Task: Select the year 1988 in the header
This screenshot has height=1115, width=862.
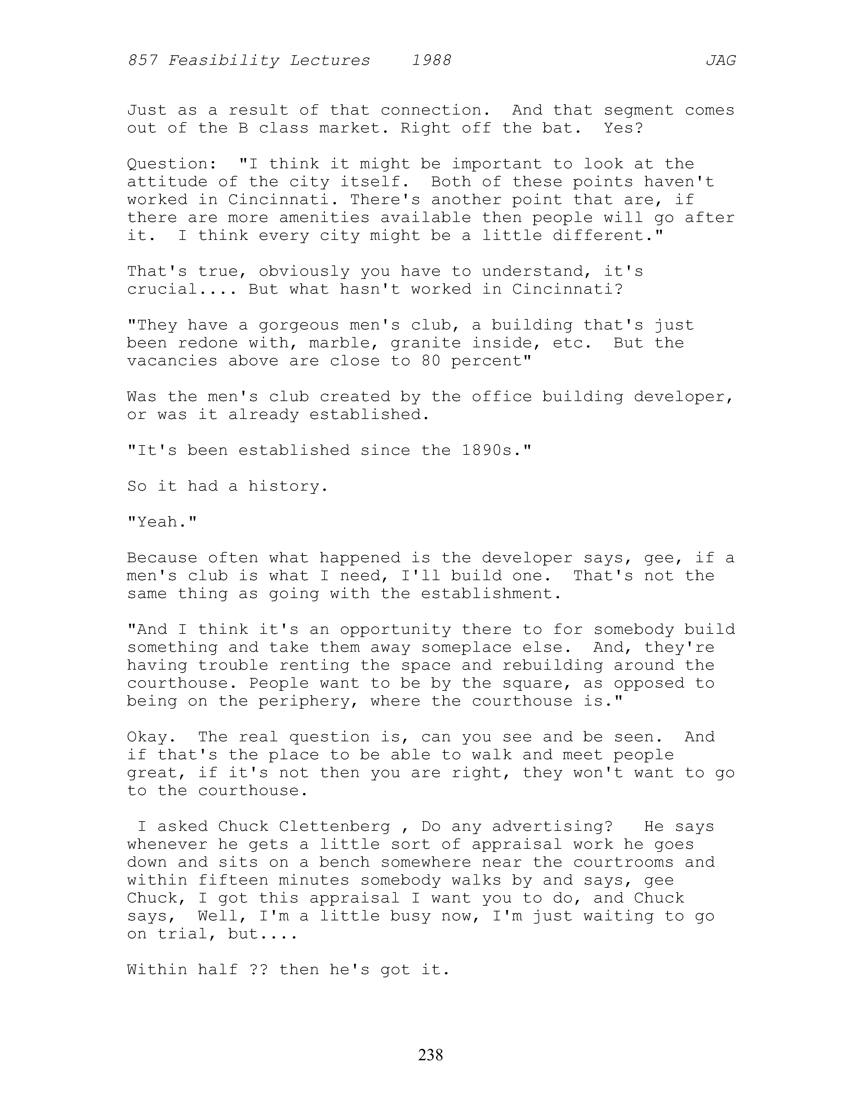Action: [432, 61]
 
